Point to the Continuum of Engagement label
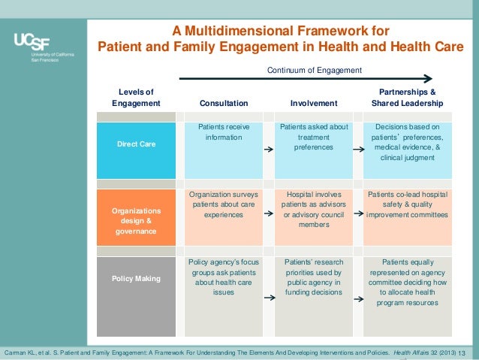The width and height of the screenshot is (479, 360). (315, 70)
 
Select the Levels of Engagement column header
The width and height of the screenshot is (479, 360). (136, 97)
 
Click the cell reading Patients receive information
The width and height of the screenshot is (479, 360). (223, 133)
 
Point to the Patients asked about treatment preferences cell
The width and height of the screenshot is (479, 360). (314, 138)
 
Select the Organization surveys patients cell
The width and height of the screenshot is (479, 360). (223, 204)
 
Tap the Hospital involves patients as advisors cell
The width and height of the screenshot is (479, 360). (314, 209)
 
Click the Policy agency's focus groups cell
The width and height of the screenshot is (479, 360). (223, 277)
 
